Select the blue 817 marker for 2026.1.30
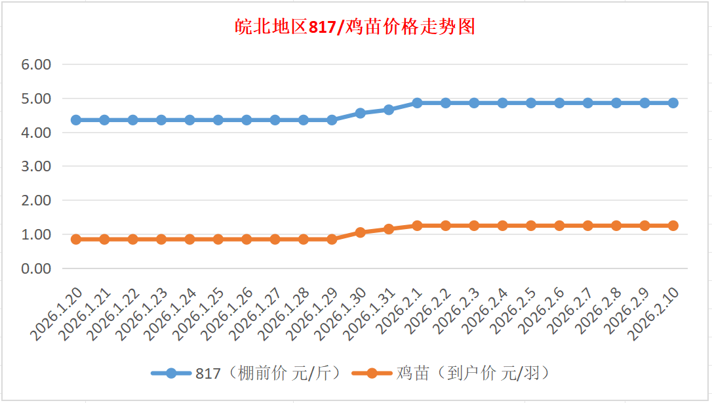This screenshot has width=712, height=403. pos(360,113)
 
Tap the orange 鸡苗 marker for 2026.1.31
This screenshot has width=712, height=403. pos(389,229)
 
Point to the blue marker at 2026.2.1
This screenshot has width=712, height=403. pos(417,103)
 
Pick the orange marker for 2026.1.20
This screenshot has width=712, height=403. pos(76,239)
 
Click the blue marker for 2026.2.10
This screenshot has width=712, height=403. pos(673,103)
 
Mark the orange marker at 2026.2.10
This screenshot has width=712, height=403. pos(673,226)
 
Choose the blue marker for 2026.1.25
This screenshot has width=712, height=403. pos(218,120)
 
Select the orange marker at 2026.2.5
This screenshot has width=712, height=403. pos(531,226)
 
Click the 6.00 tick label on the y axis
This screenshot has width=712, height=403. pos(37,65)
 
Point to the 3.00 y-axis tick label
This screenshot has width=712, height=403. pos(37,167)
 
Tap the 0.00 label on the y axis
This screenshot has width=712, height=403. pos(37,268)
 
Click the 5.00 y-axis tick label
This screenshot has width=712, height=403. pos(37,99)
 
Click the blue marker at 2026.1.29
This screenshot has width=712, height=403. pos(332,120)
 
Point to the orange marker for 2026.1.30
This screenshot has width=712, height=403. pos(360,232)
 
